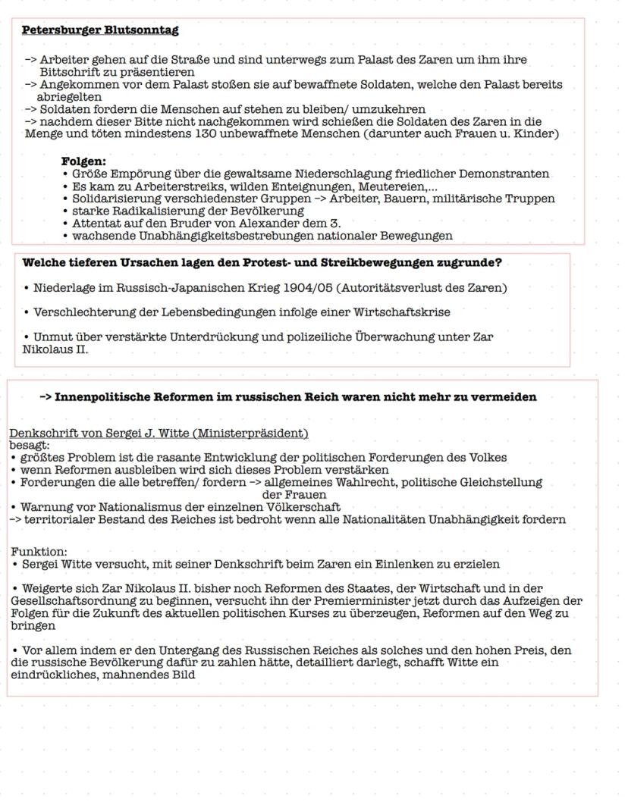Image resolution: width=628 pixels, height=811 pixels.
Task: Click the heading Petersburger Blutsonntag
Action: (100, 30)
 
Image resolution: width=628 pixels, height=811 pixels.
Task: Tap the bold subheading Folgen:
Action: (83, 161)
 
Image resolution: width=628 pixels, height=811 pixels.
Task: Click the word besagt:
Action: (30, 446)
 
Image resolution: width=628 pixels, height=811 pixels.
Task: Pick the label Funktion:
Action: (39, 552)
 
